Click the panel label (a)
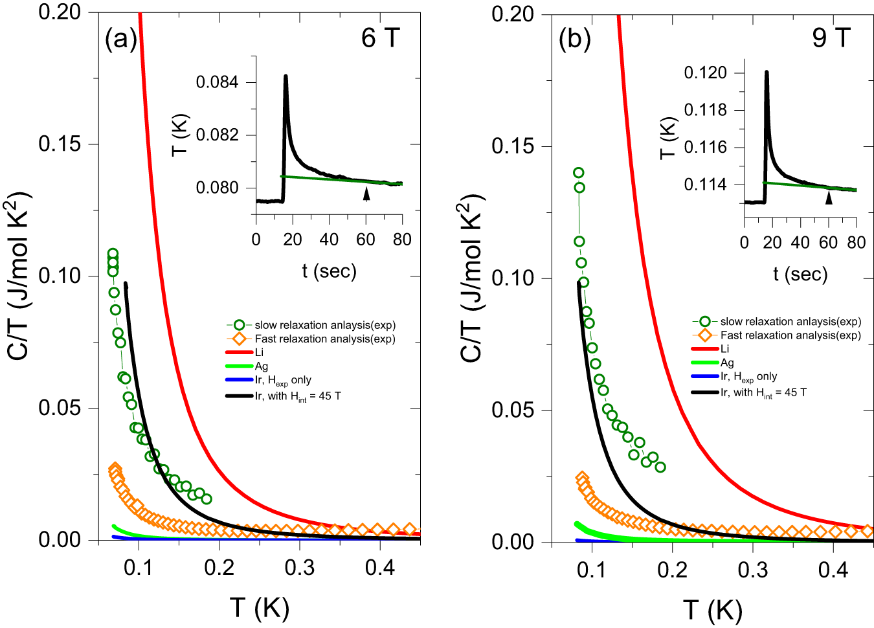click(121, 39)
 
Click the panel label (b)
click(574, 39)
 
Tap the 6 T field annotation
click(380, 38)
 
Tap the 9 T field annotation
click(831, 38)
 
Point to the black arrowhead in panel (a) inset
click(366, 194)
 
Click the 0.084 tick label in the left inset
click(218, 82)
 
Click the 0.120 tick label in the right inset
click(705, 73)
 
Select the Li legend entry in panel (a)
click(259, 352)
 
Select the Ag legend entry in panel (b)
click(727, 363)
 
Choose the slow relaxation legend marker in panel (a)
click(240, 325)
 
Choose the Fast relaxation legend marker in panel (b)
click(705, 335)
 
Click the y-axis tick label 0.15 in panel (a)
click(60, 144)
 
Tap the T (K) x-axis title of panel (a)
click(259, 609)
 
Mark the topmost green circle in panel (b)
click(578, 173)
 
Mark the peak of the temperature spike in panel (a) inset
click(286, 76)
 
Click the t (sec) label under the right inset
click(800, 274)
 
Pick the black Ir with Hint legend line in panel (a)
click(239, 396)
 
